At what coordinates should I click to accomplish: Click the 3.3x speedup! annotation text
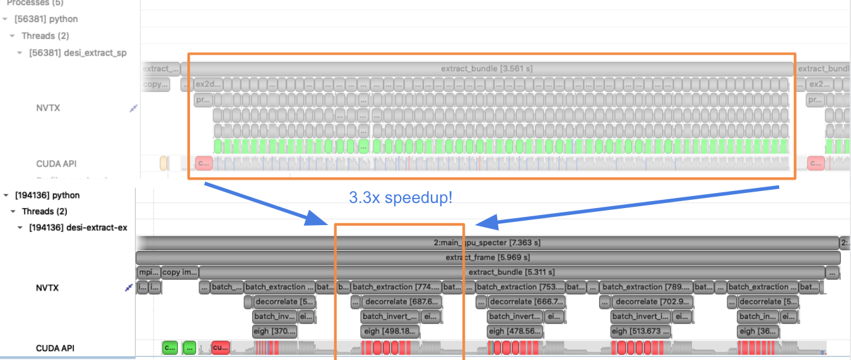point(401,197)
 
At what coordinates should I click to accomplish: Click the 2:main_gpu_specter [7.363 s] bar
point(487,243)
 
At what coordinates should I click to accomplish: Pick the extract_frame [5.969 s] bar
point(487,257)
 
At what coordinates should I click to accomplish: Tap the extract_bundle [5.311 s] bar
point(511,272)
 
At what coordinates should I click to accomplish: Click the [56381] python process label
point(46,19)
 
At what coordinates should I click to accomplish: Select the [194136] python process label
point(47,195)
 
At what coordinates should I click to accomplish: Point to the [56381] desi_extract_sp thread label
point(78,53)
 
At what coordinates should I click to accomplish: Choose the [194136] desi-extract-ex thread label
point(78,227)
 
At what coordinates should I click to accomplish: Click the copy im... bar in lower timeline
point(180,272)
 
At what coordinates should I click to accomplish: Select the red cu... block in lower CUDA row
point(220,347)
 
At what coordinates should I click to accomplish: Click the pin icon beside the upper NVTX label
point(133,108)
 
